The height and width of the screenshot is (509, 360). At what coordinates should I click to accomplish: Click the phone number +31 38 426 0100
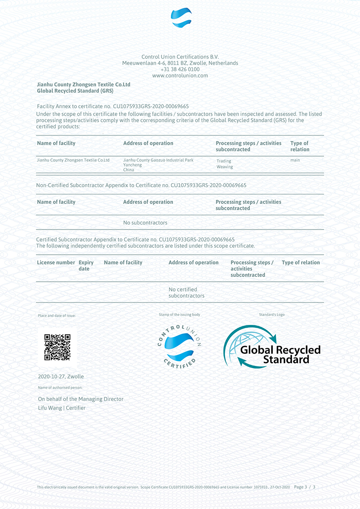[x=180, y=69]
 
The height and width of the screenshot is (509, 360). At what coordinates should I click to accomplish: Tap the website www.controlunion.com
[x=180, y=76]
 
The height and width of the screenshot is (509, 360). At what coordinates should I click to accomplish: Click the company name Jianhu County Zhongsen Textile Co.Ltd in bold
[x=83, y=84]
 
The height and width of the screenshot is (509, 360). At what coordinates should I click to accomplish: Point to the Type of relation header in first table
[x=300, y=146]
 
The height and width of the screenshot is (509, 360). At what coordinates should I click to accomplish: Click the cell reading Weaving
[x=225, y=167]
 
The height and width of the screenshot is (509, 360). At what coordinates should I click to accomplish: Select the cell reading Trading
[x=224, y=161]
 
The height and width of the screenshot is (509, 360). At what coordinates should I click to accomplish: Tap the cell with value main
[x=295, y=160]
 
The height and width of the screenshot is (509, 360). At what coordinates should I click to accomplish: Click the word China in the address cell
[x=129, y=170]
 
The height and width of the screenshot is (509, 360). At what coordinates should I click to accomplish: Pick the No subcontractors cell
[x=145, y=223]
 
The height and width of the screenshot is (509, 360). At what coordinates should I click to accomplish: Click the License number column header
[x=56, y=262]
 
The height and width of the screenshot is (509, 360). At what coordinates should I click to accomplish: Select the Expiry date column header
[x=86, y=266]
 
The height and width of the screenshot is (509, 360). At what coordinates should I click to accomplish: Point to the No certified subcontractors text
[x=186, y=293]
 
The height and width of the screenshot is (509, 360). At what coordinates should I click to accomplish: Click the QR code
[x=57, y=347]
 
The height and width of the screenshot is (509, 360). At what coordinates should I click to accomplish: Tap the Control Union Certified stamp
[x=179, y=346]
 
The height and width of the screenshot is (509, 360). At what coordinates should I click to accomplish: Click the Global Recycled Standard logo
[x=272, y=347]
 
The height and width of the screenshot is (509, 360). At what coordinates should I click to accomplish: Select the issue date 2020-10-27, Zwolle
[x=61, y=377]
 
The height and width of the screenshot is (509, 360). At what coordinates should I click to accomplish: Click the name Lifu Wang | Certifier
[x=62, y=408]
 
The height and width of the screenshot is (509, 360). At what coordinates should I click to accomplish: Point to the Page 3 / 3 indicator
[x=305, y=487]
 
